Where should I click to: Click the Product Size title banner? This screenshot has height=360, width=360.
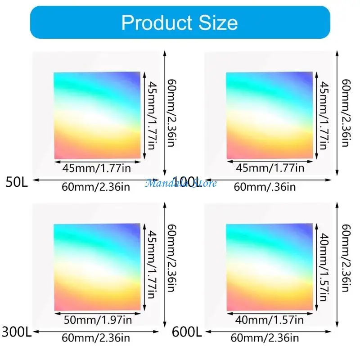pos(180,22)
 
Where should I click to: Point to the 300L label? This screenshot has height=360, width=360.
pos(17,333)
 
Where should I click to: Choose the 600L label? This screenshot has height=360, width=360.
pos(186,333)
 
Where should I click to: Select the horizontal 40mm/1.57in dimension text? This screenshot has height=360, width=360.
pos(269,320)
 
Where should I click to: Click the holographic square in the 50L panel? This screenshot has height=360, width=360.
pos(97,116)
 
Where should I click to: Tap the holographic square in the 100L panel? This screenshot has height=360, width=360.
pos(270,116)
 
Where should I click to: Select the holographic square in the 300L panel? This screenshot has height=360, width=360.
pos(97,267)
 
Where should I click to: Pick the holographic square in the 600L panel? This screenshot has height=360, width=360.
pos(270,267)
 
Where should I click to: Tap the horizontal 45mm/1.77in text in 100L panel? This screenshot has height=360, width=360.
pos(269,168)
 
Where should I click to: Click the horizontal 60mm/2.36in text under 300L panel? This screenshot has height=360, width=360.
pos(96,337)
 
